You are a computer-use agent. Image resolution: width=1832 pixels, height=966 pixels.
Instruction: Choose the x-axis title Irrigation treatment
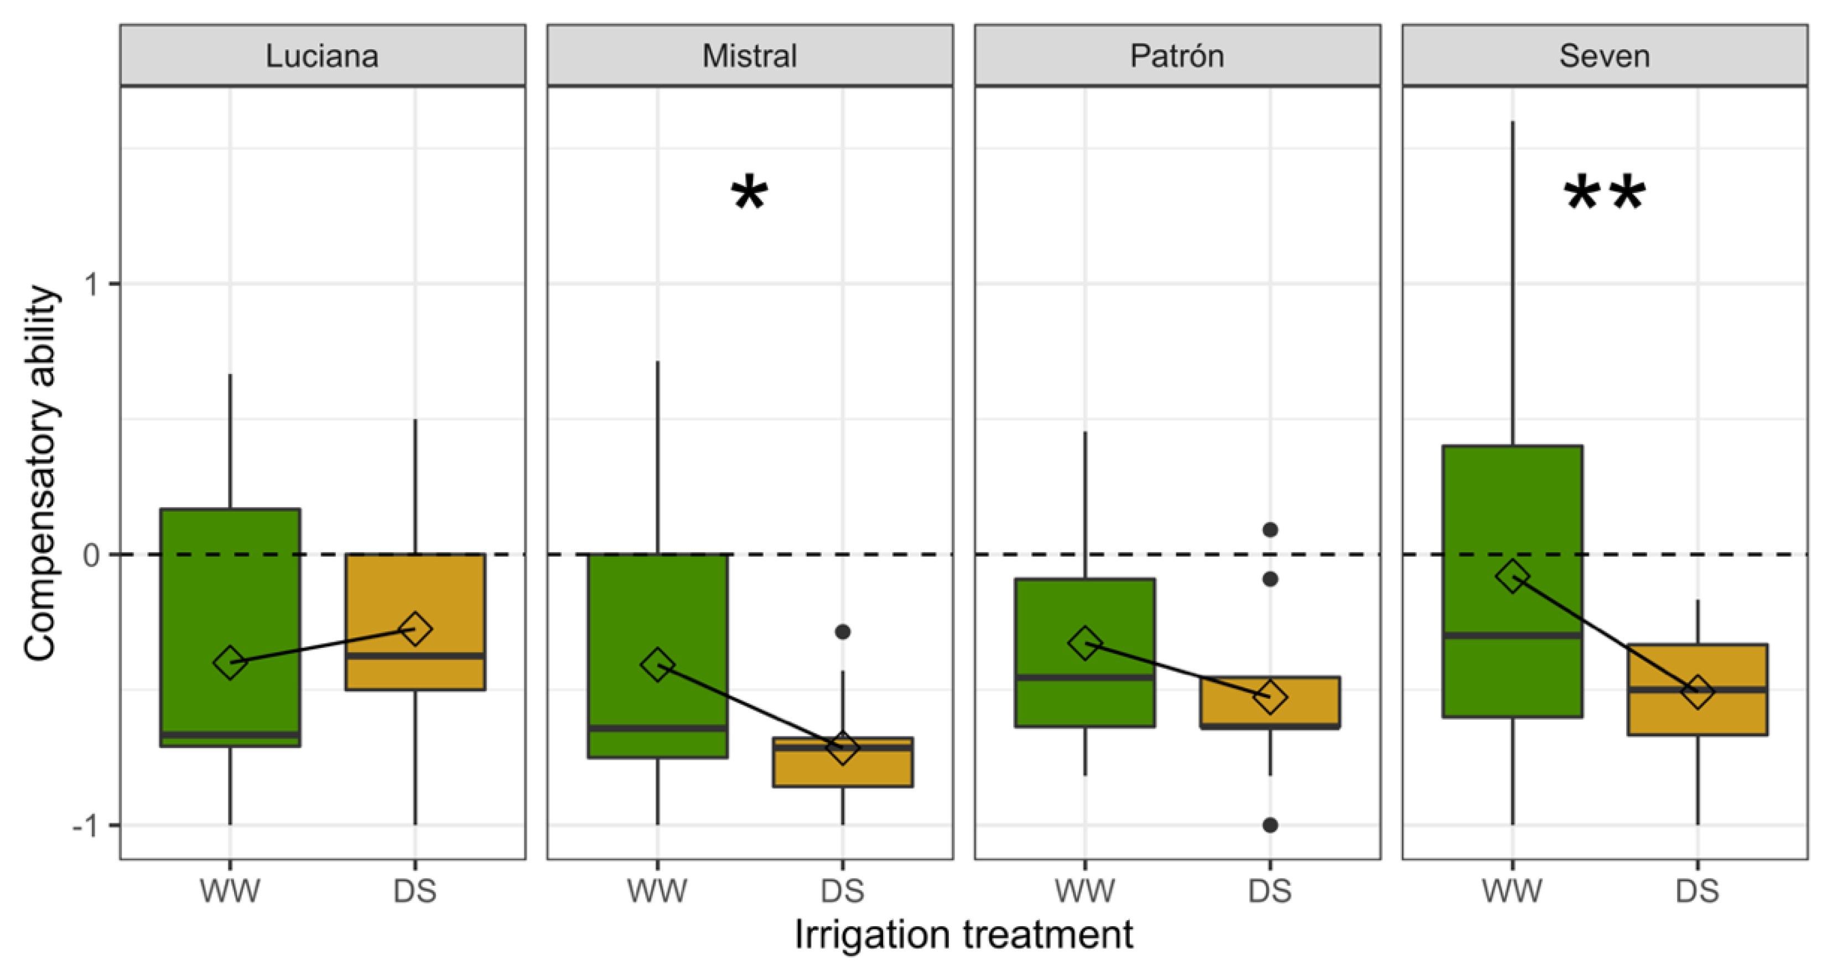tap(963, 934)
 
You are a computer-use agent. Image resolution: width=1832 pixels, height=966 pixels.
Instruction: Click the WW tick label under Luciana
tap(230, 891)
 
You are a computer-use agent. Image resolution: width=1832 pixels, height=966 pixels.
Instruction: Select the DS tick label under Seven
tap(1697, 891)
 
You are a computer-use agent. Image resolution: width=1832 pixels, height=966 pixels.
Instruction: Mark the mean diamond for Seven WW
tap(1512, 576)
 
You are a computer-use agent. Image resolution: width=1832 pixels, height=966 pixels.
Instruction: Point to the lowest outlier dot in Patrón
tap(1270, 825)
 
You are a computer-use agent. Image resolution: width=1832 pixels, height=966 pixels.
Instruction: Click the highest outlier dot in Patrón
tap(1270, 530)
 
